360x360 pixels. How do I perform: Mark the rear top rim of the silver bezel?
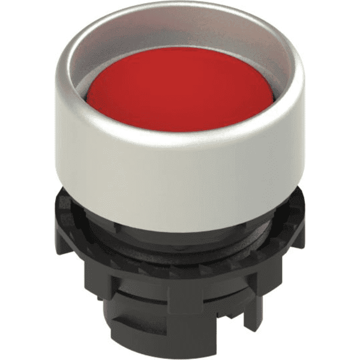coord(180,13)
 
